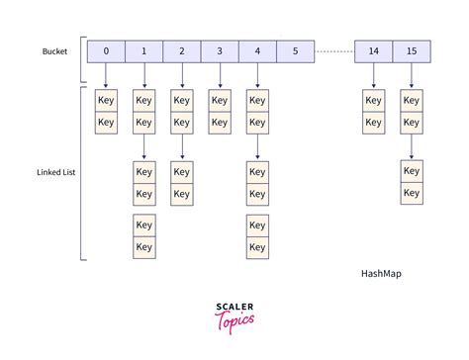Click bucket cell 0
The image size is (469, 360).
point(106,51)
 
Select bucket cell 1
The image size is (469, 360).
point(143,51)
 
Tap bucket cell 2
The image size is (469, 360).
point(181,51)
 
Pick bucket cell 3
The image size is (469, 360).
point(219,51)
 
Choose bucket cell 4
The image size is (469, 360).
point(256,51)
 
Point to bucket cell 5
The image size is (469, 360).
point(295,51)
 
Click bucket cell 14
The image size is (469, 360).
point(374,51)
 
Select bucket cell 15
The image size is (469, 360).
point(412,51)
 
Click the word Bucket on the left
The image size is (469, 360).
point(54,51)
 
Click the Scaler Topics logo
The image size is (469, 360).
point(234,315)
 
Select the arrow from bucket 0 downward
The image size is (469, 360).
point(106,74)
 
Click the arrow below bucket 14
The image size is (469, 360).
point(374,74)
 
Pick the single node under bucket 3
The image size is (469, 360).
point(219,100)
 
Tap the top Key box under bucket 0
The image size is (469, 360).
point(106,100)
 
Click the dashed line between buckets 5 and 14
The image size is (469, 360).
point(334,51)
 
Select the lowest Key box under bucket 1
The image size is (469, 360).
point(143,247)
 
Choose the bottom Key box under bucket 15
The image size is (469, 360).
point(412,193)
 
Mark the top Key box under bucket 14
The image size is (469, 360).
point(374,100)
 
